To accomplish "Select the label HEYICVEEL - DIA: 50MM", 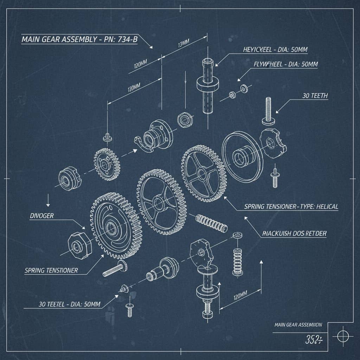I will pos(275,50).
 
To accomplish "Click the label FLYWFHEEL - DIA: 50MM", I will pos(285,64).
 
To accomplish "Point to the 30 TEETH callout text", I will pos(315,96).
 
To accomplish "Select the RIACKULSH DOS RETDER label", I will pos(294,233).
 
